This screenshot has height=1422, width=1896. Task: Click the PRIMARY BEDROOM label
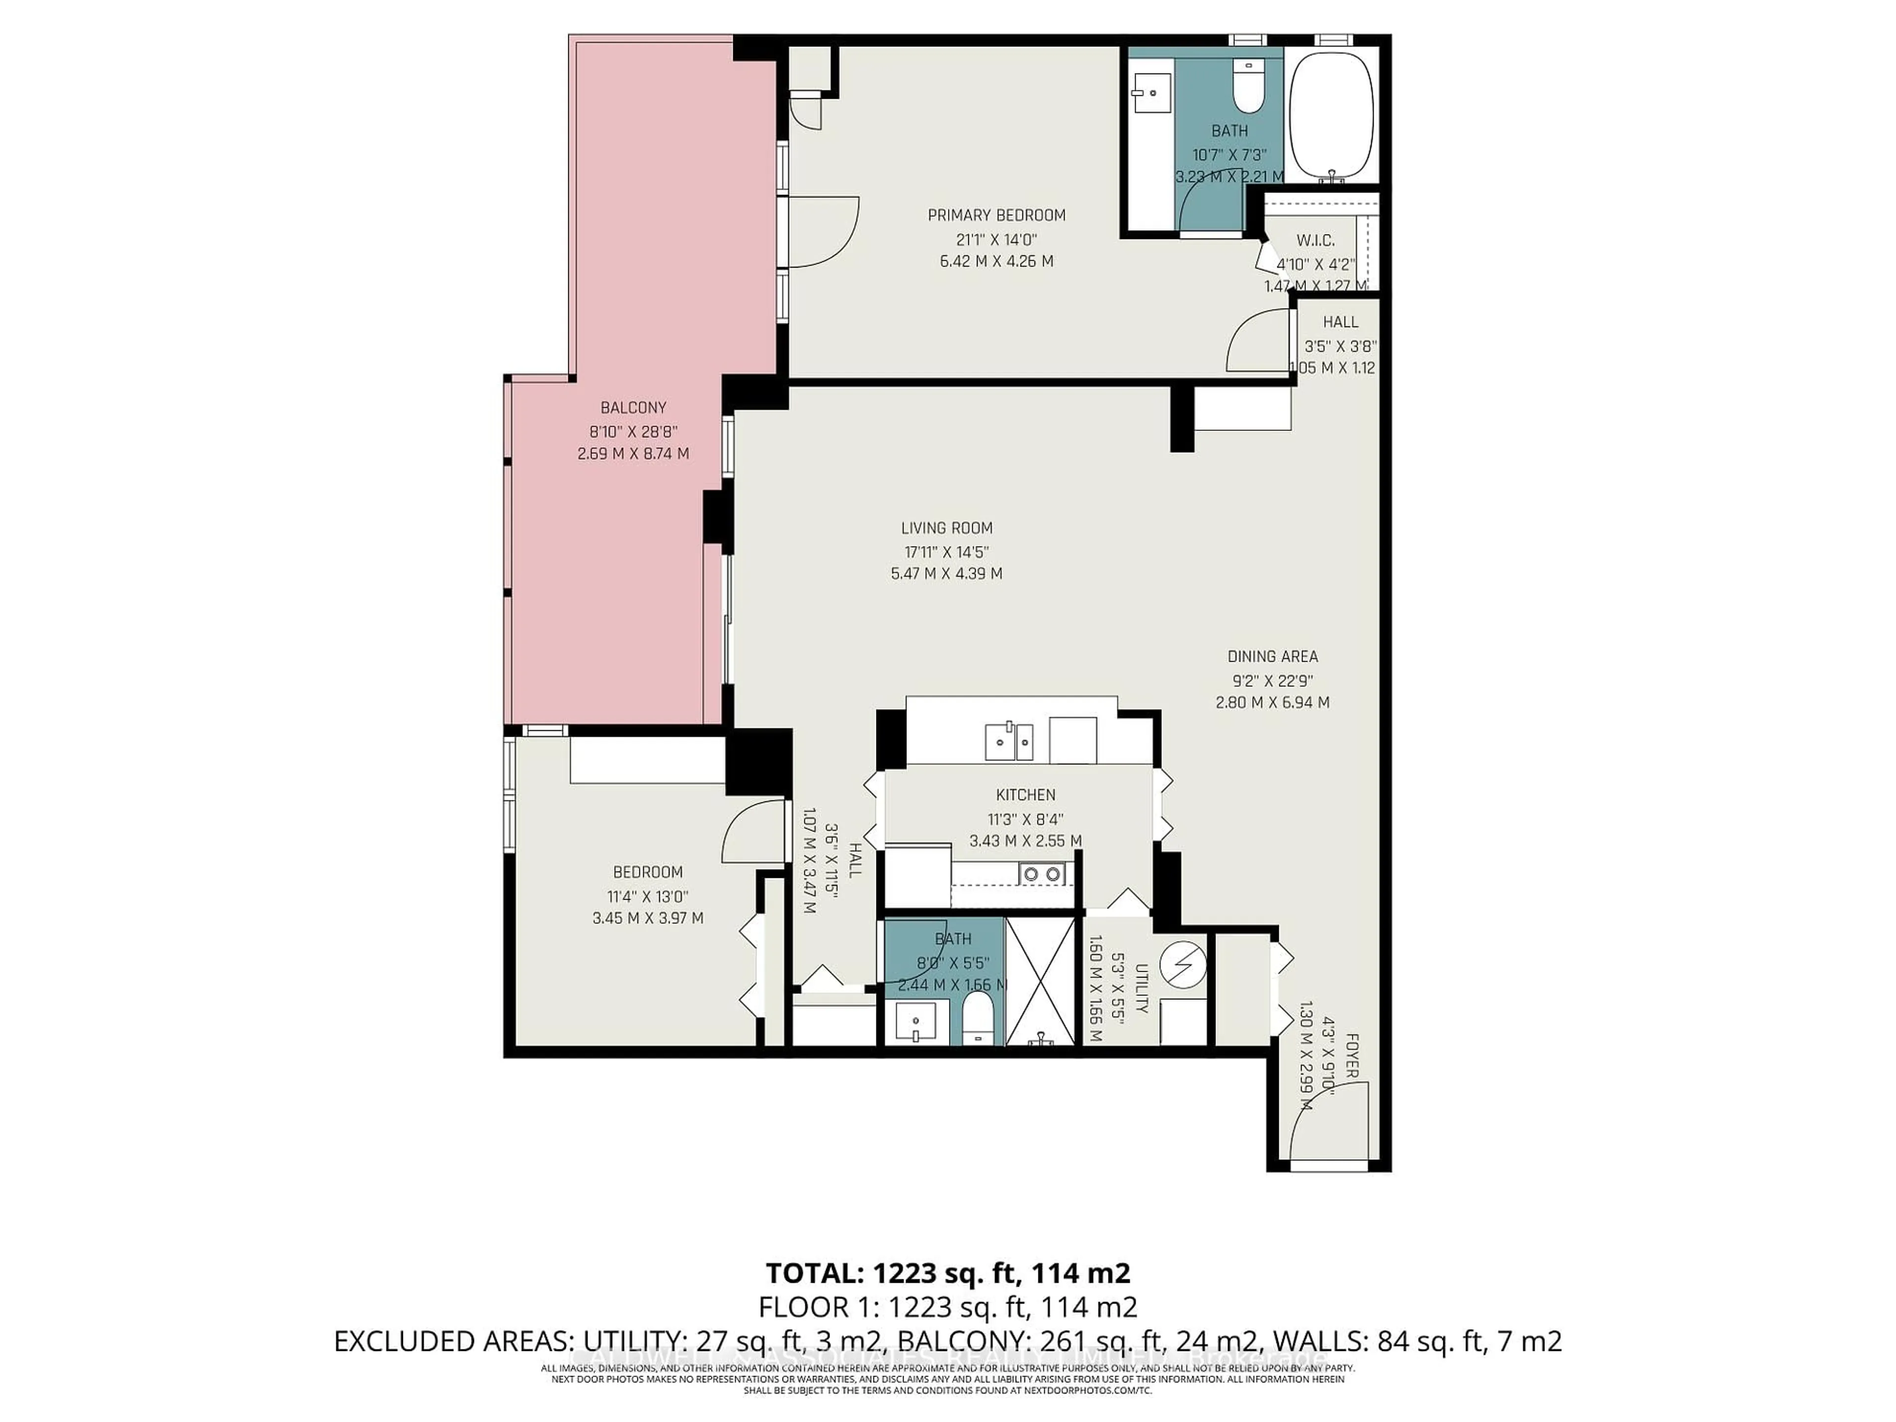click(996, 215)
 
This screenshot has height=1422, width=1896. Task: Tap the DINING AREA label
click(1272, 657)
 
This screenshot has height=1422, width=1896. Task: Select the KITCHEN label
click(1025, 794)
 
